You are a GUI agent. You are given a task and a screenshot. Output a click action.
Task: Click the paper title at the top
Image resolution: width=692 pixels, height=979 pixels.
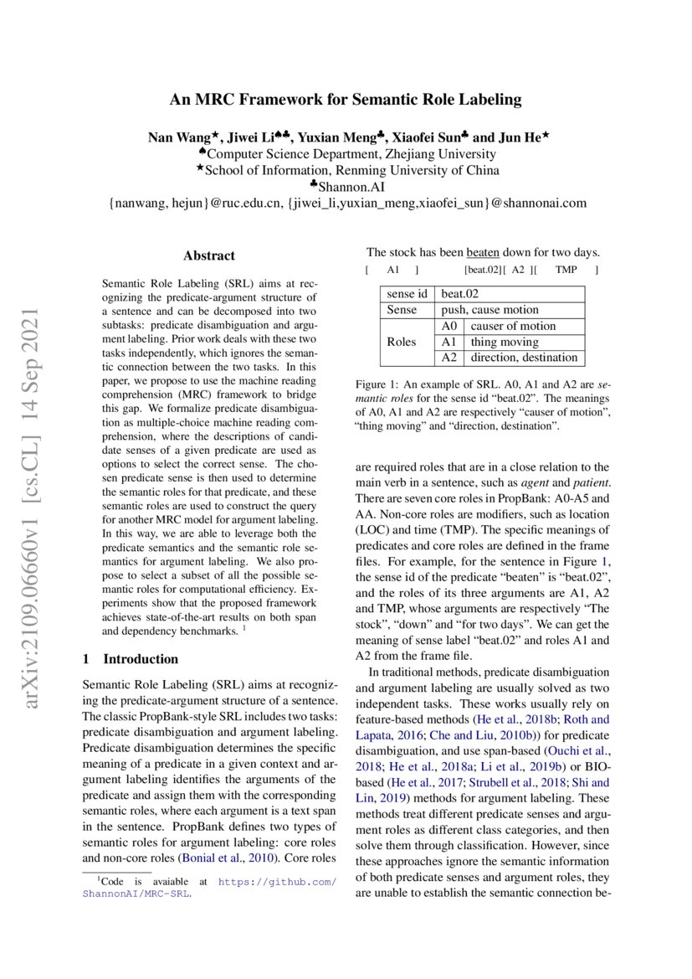click(x=346, y=100)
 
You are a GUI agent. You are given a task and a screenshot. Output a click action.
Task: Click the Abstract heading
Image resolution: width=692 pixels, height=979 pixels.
click(x=208, y=255)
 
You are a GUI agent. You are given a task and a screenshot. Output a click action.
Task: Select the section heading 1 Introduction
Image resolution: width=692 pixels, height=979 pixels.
click(x=131, y=658)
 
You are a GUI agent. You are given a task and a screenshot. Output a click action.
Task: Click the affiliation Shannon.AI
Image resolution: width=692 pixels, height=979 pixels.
click(x=346, y=187)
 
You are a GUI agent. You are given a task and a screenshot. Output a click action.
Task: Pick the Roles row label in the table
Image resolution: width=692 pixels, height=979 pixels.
click(x=402, y=342)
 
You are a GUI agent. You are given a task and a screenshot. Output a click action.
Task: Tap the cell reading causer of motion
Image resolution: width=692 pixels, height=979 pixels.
click(x=512, y=326)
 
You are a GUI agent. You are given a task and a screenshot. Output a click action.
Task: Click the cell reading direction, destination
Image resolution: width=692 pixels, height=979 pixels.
click(x=523, y=358)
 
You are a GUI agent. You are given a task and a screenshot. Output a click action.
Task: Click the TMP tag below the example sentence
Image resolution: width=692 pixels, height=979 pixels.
click(x=566, y=271)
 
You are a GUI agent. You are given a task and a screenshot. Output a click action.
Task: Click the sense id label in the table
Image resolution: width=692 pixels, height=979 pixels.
click(x=407, y=294)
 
